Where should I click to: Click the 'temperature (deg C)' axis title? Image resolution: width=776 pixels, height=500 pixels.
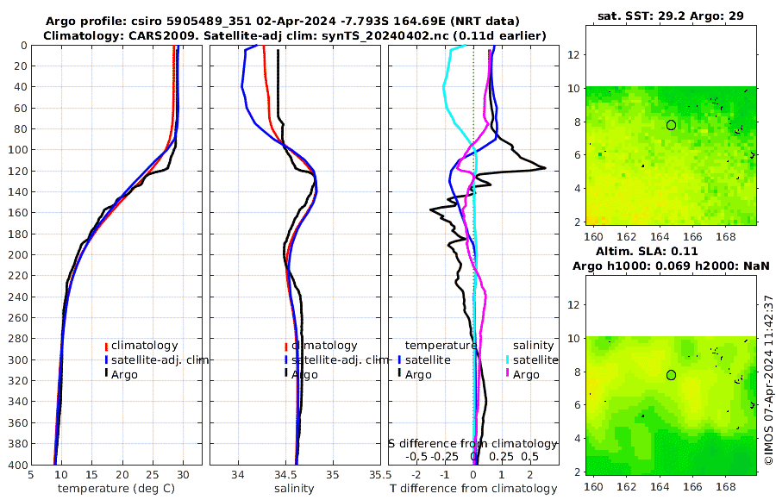point(116,489)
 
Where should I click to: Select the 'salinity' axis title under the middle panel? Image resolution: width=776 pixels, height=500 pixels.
point(293,489)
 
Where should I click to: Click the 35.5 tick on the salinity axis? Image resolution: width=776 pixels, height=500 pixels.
point(375,474)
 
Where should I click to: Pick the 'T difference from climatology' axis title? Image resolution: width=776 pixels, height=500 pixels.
point(473,489)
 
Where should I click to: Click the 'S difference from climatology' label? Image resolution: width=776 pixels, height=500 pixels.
point(472,443)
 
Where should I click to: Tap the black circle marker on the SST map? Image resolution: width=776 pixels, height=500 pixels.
point(671,125)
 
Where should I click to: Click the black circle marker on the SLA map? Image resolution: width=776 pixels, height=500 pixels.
point(671,375)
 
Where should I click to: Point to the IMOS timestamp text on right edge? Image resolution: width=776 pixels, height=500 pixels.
point(768,380)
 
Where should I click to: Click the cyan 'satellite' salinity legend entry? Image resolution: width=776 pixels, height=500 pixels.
point(530,359)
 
